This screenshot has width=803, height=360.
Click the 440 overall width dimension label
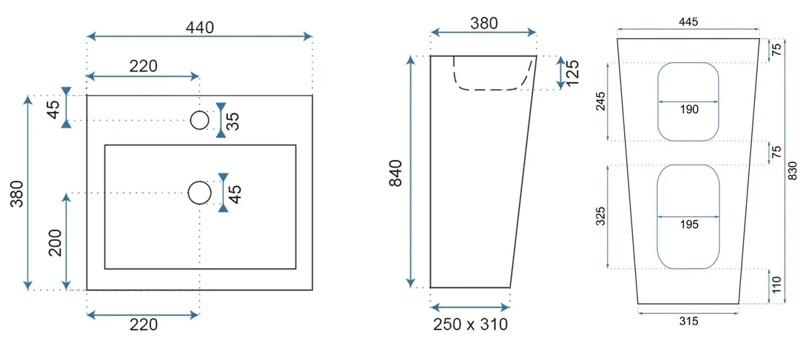point(200,27)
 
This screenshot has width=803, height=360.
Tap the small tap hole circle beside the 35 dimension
point(200,120)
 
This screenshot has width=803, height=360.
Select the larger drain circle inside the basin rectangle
point(200,193)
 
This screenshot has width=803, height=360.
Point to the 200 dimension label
point(55,242)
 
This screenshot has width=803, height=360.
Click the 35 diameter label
point(233,121)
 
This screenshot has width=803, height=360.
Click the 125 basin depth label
point(573,72)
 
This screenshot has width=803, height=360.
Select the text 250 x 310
point(471,323)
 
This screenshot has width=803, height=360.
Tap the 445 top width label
point(688,21)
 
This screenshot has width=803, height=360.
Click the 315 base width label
point(689,321)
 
